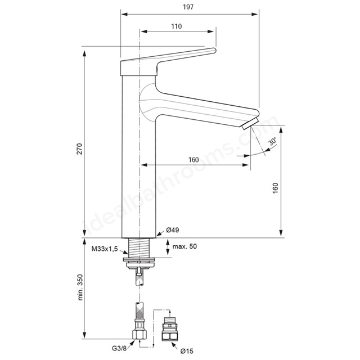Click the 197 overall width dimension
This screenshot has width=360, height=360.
click(188, 7)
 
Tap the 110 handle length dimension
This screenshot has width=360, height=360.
click(176, 26)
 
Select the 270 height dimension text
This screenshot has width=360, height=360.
click(79, 148)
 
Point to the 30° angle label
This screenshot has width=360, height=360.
click(273, 141)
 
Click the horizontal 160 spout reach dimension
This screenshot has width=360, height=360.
click(193, 160)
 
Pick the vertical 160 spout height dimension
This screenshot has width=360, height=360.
click(276, 188)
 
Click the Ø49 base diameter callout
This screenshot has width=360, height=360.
click(173, 230)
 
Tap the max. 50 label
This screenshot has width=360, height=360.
click(184, 246)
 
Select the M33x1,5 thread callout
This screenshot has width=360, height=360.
click(105, 249)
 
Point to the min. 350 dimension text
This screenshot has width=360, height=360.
click(80, 287)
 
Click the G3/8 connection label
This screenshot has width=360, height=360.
click(119, 348)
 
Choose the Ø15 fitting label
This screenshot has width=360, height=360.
click(187, 351)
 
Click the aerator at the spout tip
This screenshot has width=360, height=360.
click(250, 124)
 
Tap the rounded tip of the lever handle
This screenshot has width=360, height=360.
click(214, 51)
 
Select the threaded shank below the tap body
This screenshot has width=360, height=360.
click(139, 247)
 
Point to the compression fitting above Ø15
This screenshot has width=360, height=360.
click(169, 328)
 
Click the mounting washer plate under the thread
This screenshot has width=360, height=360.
click(139, 259)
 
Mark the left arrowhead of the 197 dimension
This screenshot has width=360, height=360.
click(124, 14)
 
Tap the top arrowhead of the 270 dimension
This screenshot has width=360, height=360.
click(84, 53)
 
